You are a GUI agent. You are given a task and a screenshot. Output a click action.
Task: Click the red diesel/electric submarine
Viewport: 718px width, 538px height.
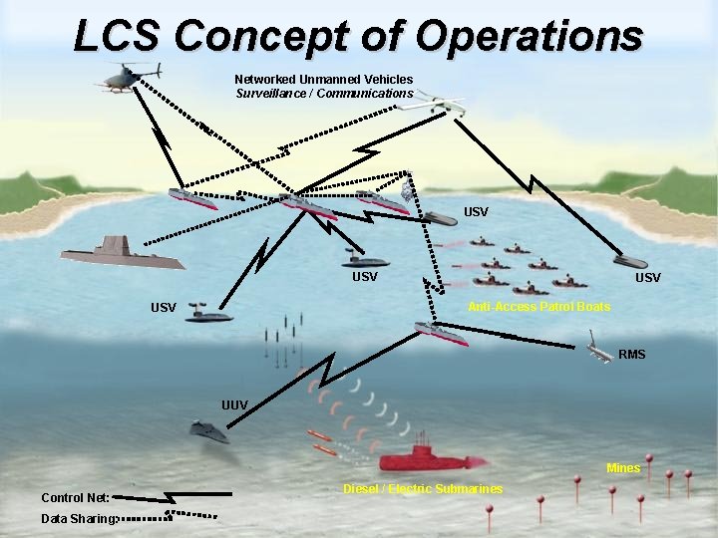coord(429,459)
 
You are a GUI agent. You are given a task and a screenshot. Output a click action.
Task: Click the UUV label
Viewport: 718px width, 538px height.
coord(234,404)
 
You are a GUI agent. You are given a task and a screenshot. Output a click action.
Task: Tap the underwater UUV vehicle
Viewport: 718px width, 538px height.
coord(209,431)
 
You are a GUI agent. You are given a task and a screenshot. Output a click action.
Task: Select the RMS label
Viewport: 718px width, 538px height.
coord(632,354)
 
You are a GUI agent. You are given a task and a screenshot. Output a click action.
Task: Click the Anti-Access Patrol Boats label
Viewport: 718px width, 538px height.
coord(538,307)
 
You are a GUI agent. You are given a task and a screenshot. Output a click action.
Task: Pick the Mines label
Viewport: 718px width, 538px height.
coord(623,468)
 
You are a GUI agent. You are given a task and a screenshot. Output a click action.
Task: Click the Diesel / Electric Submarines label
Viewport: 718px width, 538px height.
coord(423,488)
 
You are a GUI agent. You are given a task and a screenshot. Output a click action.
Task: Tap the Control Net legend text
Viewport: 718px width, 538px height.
coord(75,497)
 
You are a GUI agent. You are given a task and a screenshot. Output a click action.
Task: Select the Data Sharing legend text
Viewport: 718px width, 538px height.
coord(79,518)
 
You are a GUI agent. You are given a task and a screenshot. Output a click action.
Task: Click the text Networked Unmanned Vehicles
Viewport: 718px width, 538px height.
coord(323,79)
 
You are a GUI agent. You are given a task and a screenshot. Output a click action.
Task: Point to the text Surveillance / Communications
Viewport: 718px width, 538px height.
coord(324,94)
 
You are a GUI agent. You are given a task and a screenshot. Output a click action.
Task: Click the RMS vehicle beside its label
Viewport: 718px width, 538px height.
coord(598,353)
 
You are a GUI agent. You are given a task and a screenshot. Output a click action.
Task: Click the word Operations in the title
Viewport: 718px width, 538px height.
coord(530,36)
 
